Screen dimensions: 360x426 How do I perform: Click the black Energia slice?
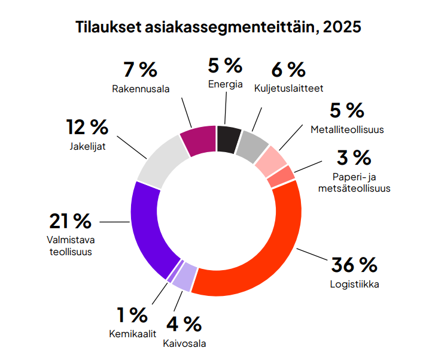[x=229, y=137]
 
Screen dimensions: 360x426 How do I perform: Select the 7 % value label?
[x=141, y=69]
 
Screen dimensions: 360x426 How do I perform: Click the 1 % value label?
[x=132, y=314]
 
